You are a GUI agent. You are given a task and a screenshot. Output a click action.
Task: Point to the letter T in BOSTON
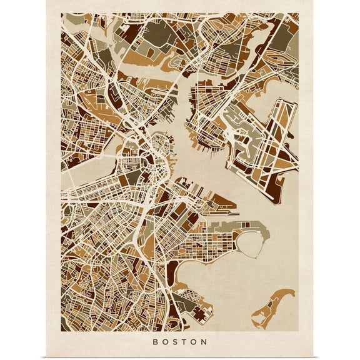click(185, 342)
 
